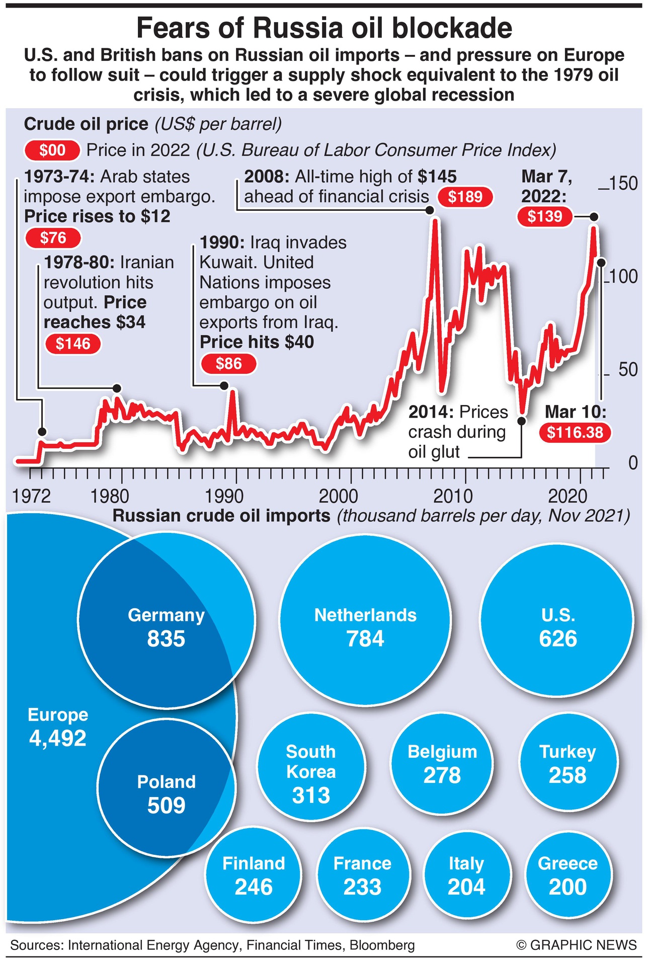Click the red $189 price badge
pos(465,197)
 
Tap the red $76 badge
pos(53,237)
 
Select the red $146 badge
pos(73,344)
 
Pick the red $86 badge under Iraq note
pos(228,363)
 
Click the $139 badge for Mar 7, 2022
pos(545,216)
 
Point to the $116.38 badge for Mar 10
pos(575,432)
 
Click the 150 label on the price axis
pos(623,183)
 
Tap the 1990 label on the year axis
pos(224,497)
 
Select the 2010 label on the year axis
pos(453,497)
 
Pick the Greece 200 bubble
pos(568,875)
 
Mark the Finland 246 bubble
pos(254,875)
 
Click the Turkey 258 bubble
pos(568,763)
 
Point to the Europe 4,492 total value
pos(58,738)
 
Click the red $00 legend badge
pos(52,150)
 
